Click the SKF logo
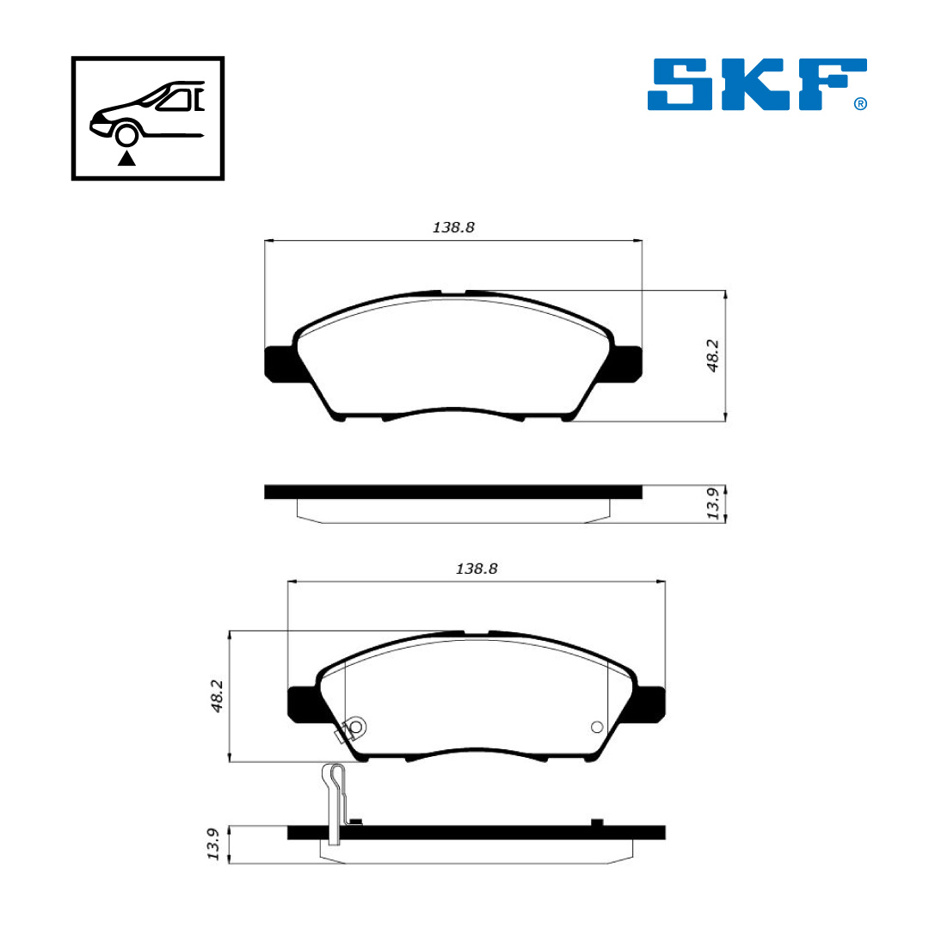point(757,84)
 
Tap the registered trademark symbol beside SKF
point(860,104)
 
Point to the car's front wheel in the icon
point(126,135)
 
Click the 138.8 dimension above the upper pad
point(453,227)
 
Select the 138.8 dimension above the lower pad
point(477,569)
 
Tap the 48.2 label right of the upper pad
point(713,355)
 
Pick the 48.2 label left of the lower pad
point(216,696)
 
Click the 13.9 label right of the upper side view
point(713,503)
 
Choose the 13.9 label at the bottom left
point(213,845)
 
